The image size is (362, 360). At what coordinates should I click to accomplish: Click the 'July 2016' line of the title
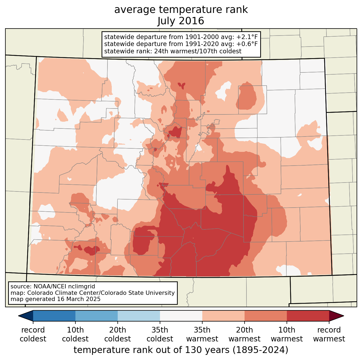point(180,21)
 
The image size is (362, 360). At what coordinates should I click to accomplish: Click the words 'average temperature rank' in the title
point(181,10)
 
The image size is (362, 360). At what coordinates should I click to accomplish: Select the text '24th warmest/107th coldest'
point(198,51)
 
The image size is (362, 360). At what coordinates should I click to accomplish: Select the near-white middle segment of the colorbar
point(181,316)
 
